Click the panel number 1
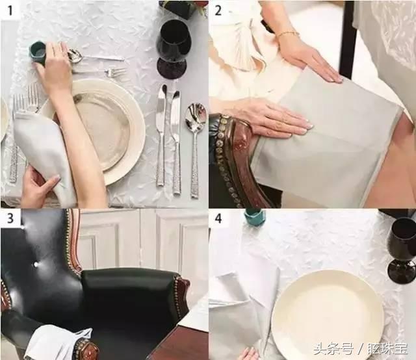point(10,10)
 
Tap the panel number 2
point(218,10)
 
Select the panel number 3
point(10,218)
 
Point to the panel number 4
point(218,218)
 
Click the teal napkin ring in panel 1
point(38,53)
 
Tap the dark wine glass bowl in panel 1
point(174,38)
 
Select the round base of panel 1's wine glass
point(172,68)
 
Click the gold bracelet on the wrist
point(287,34)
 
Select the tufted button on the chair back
point(35,264)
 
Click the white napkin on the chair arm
point(57,342)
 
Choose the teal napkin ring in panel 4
point(254,213)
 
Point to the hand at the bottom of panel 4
point(250,354)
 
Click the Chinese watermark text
point(361,349)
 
